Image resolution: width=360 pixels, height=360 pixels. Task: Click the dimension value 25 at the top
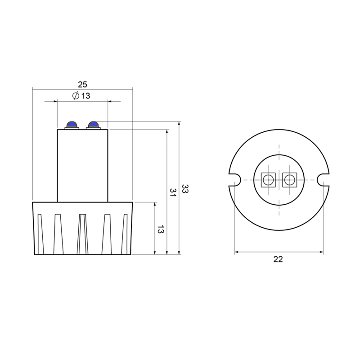pos(82,85)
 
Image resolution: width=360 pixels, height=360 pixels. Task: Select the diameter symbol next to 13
pos(76,95)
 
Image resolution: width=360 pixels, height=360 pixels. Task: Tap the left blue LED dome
pos(72,125)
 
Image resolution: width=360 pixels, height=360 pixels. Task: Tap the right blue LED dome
pos(93,125)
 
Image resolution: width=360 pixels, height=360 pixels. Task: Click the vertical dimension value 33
pos(185,189)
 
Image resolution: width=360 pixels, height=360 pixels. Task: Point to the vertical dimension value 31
pos(173,193)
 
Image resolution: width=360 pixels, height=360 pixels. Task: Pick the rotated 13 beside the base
pos(161,229)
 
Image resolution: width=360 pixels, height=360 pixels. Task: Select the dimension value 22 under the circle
pos(278,259)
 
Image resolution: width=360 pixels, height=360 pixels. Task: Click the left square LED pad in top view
pos(268,180)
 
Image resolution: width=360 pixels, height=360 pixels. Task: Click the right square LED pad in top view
pos(289,180)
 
